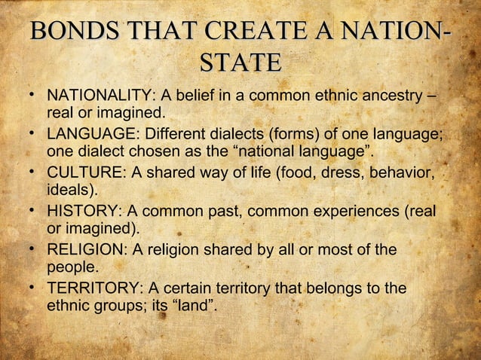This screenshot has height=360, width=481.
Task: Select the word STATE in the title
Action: (x=240, y=63)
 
